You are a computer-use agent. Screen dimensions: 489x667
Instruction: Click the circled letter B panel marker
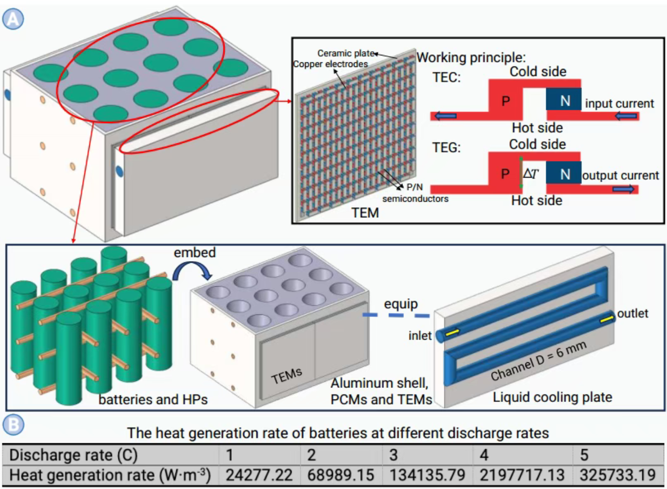[x=13, y=425]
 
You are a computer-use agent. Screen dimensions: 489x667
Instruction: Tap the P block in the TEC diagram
[x=505, y=101]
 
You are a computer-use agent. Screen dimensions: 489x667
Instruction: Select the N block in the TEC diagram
[x=564, y=101]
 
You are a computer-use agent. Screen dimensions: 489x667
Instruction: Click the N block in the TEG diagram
[x=564, y=174]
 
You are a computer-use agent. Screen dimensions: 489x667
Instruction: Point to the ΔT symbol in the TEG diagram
[x=530, y=174]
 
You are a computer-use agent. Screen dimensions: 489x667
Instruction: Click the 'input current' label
[x=619, y=104]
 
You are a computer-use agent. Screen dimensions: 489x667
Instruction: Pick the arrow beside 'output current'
[x=624, y=189]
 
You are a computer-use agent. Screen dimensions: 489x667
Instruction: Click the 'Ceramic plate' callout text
[x=346, y=53]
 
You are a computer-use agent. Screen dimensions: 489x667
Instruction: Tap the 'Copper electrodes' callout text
[x=330, y=64]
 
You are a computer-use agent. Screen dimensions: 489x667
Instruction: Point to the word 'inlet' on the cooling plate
[x=420, y=336]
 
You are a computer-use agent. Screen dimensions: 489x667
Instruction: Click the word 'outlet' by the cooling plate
[x=632, y=313]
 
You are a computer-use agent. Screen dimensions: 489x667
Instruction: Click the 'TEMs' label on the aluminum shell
[x=286, y=375]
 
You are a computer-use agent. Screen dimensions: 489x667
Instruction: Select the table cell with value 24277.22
[x=259, y=475]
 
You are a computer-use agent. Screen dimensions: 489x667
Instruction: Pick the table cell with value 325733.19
[x=618, y=475]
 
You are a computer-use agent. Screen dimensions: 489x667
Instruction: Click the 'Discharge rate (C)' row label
[x=74, y=455]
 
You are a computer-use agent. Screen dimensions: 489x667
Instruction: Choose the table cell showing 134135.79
[x=427, y=475]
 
